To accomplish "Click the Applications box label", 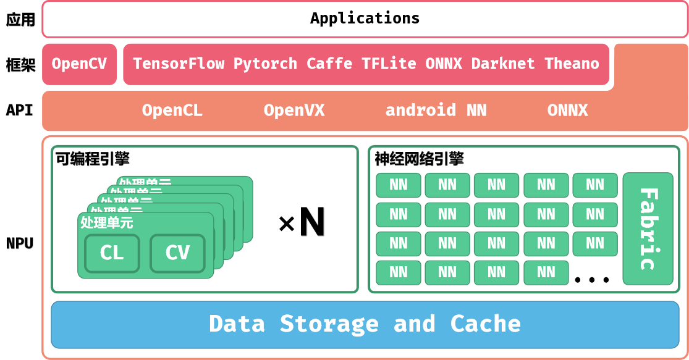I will (x=365, y=18).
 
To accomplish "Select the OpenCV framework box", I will (x=79, y=64).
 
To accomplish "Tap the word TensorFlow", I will (x=179, y=64).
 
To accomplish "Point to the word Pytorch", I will (x=265, y=64).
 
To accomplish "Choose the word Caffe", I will (x=329, y=64).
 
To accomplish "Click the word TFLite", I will (x=389, y=64).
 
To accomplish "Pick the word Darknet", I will (x=503, y=64).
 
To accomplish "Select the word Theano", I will (x=572, y=64).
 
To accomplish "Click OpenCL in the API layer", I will (x=172, y=111).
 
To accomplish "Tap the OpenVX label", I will (x=294, y=111).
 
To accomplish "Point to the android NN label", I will (x=436, y=111).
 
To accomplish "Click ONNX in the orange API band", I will (x=567, y=111).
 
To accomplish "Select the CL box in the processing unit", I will (x=112, y=253).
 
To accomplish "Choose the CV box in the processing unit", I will (x=177, y=253).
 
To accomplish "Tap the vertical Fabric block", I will (x=648, y=228).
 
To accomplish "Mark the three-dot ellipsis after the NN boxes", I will (x=591, y=280).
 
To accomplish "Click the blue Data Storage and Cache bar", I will (x=365, y=324).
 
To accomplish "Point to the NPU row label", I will (x=20, y=243).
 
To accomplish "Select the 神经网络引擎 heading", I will (x=419, y=159).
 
